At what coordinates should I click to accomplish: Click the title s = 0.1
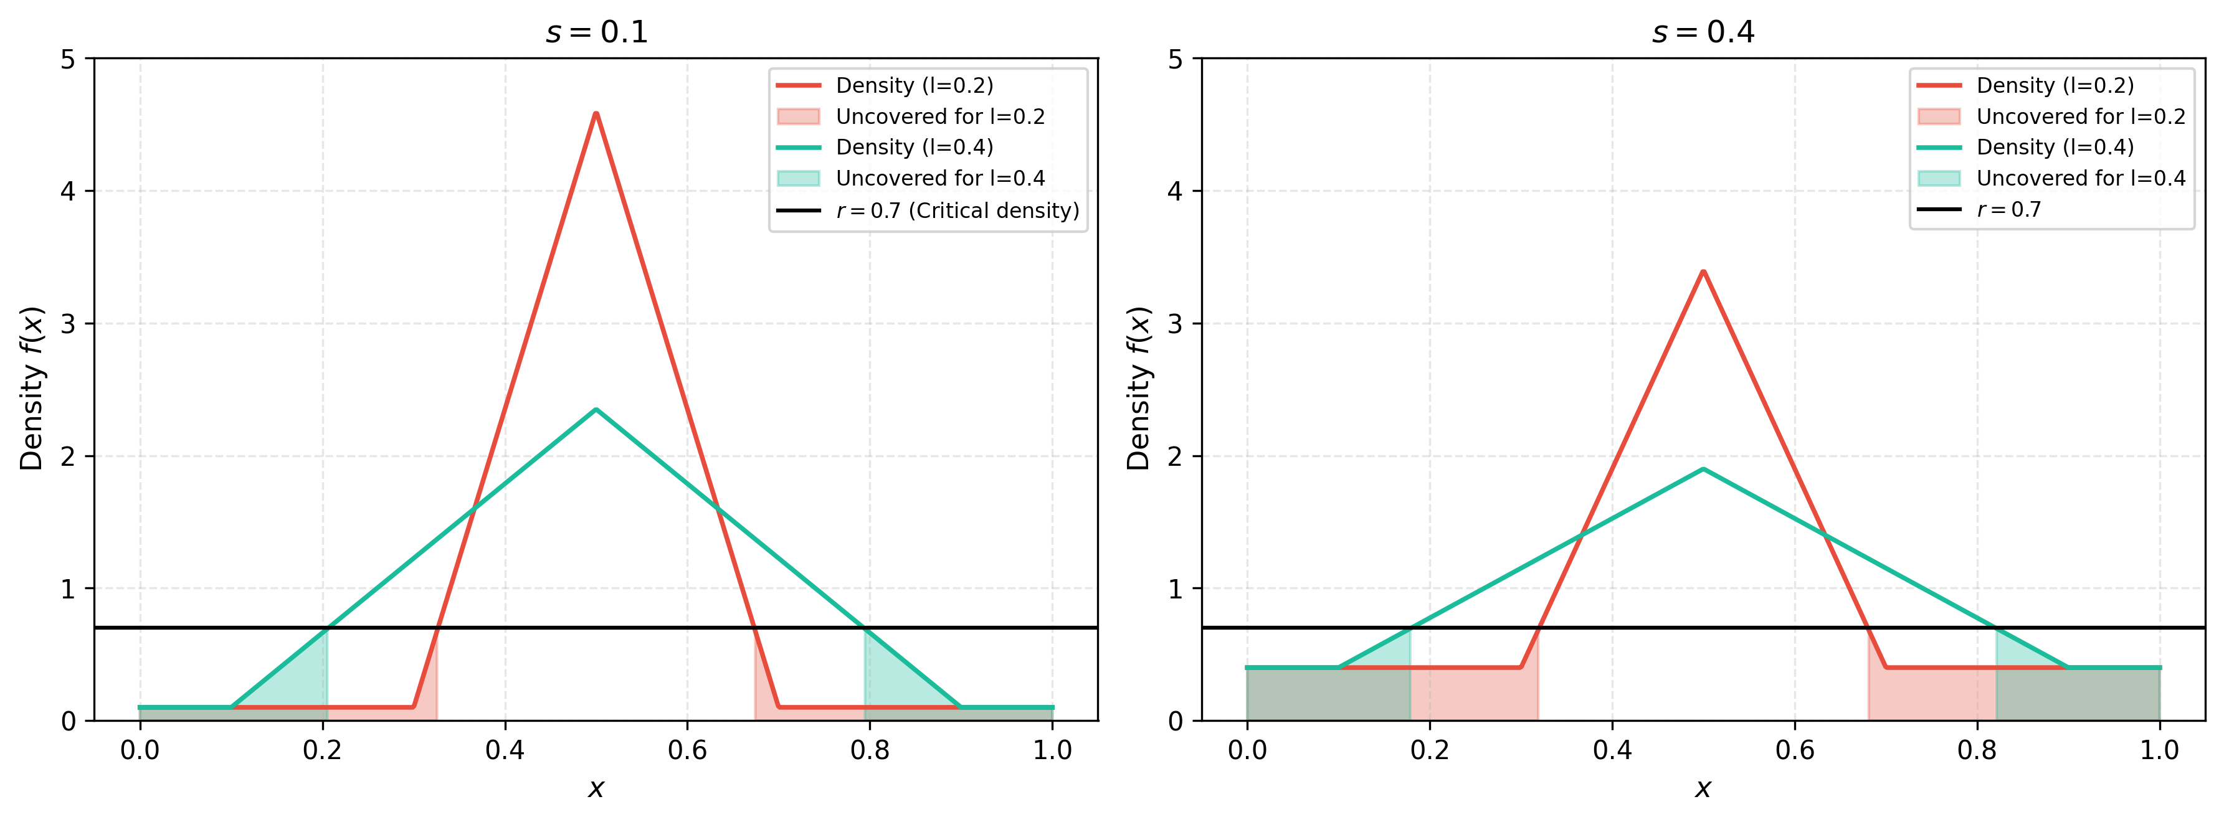pyautogui.click(x=597, y=32)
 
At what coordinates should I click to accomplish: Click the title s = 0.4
pyautogui.click(x=1703, y=32)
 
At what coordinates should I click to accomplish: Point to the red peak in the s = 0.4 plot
pyautogui.click(x=1703, y=271)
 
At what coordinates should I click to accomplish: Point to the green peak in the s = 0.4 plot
pyautogui.click(x=1703, y=469)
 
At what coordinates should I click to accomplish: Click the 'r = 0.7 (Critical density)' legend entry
pyautogui.click(x=928, y=210)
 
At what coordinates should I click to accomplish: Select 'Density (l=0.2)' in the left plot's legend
pyautogui.click(x=885, y=85)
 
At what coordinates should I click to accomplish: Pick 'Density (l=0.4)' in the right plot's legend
pyautogui.click(x=2025, y=147)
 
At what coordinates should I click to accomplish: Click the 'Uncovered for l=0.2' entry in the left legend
pyautogui.click(x=911, y=116)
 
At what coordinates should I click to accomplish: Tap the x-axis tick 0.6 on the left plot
pyautogui.click(x=687, y=750)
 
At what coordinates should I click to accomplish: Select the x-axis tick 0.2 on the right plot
pyautogui.click(x=1430, y=750)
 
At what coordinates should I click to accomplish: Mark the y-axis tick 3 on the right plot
pyautogui.click(x=1175, y=324)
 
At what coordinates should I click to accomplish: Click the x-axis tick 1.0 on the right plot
pyautogui.click(x=2159, y=750)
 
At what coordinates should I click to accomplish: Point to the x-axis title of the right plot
pyautogui.click(x=1703, y=788)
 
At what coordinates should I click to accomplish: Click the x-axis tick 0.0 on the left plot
pyautogui.click(x=140, y=750)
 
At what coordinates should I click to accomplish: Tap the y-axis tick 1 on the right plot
pyautogui.click(x=1175, y=589)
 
